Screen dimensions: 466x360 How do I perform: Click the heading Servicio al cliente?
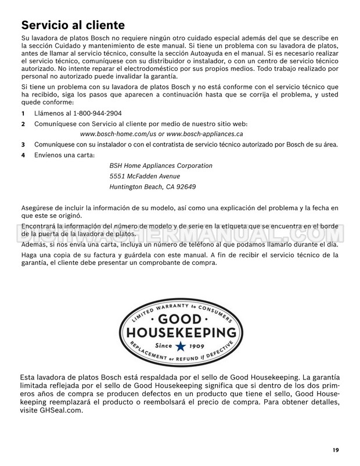tap(73, 25)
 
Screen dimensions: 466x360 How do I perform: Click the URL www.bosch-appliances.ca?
tap(205, 134)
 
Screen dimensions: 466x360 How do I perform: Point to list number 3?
tap(23, 144)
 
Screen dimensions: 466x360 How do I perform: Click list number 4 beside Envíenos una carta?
tap(23, 155)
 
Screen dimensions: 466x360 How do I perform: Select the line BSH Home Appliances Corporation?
tap(161, 166)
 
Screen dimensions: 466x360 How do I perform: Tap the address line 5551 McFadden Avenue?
tap(145, 176)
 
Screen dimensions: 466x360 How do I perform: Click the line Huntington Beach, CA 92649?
tap(153, 187)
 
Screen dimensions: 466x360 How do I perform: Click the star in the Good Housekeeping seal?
tap(181, 346)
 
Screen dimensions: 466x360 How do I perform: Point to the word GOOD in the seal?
tap(179, 319)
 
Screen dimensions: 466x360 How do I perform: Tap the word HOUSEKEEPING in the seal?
tap(181, 334)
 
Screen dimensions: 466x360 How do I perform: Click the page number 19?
tap(337, 450)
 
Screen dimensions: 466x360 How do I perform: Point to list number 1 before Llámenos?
tap(23, 113)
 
